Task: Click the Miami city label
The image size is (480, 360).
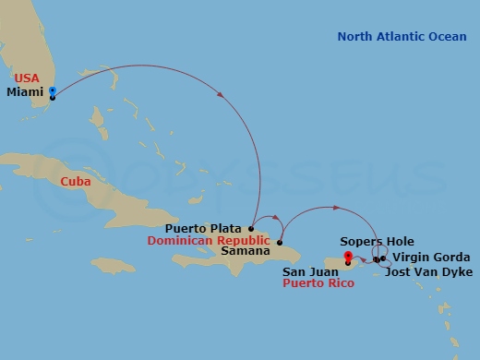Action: tap(25, 93)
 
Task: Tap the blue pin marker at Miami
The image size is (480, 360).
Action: tap(53, 92)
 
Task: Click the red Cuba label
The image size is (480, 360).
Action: tap(76, 182)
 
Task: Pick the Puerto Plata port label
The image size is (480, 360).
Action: tap(205, 228)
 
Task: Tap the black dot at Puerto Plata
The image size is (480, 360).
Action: tap(251, 228)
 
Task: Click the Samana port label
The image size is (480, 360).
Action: tap(246, 251)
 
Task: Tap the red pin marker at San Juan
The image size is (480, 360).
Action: tap(347, 258)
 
